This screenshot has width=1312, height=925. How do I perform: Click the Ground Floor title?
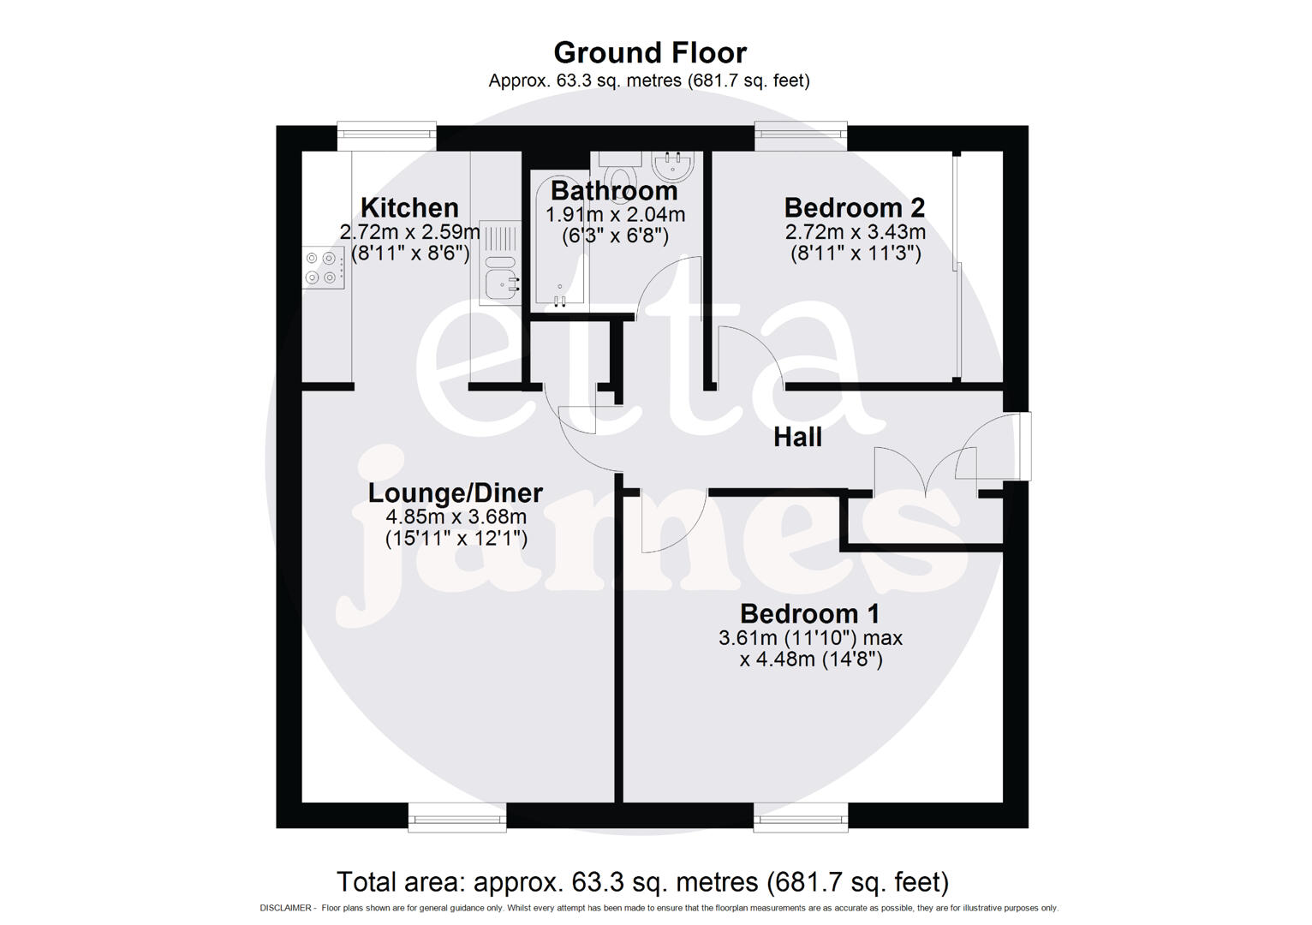click(650, 52)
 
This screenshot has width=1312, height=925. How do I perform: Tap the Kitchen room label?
click(409, 207)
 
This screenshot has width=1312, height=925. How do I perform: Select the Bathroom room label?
click(614, 190)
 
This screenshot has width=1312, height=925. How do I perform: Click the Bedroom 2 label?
click(855, 207)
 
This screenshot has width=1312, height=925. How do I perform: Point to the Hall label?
click(797, 437)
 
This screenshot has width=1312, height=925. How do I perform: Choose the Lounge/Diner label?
click(456, 492)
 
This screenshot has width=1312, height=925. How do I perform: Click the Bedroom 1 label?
click(810, 613)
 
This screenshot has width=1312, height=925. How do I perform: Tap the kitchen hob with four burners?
click(324, 267)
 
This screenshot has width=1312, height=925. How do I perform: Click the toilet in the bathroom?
click(618, 167)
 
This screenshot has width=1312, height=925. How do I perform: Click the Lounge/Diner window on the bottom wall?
click(457, 817)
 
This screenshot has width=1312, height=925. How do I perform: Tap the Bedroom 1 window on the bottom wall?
click(801, 817)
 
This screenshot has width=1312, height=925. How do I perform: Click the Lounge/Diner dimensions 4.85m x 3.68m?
click(456, 516)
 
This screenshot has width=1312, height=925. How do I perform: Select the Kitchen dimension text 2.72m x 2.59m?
click(409, 231)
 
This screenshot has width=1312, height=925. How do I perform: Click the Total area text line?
click(642, 881)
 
